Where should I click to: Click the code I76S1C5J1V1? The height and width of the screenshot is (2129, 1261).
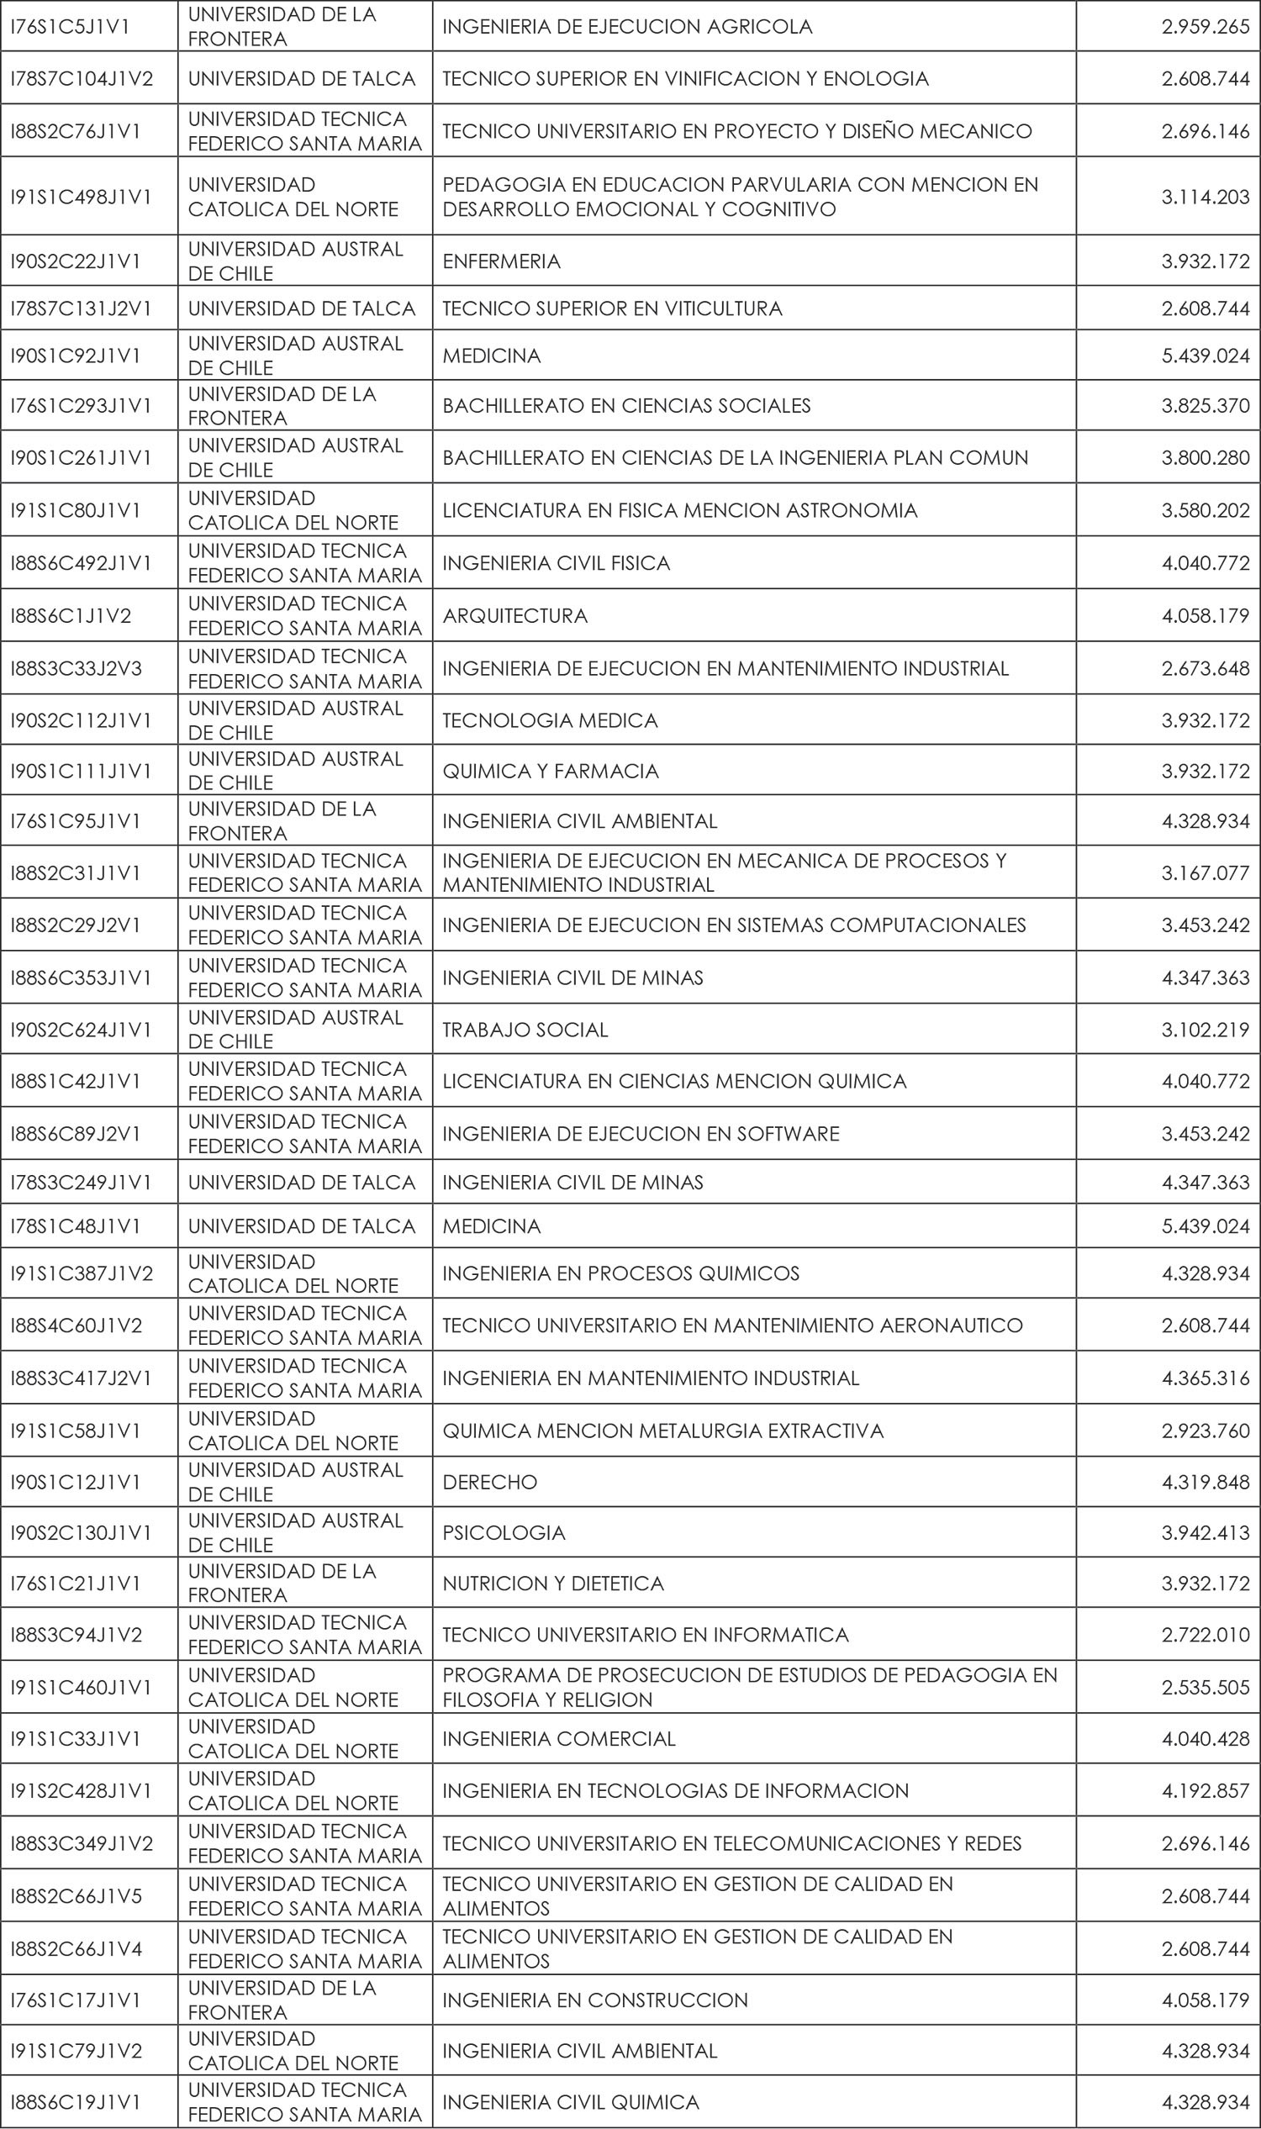(70, 26)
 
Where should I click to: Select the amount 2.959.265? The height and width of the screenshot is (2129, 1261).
(1205, 26)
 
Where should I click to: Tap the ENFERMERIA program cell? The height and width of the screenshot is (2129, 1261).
(501, 261)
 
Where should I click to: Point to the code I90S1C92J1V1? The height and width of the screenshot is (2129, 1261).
(75, 356)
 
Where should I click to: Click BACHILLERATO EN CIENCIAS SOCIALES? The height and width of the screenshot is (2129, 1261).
(626, 405)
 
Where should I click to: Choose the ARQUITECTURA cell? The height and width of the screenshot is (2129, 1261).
(515, 615)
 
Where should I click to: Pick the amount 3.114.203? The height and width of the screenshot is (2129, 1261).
(1205, 196)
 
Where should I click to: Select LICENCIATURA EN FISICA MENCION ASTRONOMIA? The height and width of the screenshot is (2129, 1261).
(680, 509)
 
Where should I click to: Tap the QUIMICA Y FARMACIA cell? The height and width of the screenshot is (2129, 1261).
(551, 771)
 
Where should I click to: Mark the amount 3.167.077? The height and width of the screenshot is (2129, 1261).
(1205, 872)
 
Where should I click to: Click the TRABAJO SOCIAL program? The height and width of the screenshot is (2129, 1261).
(525, 1030)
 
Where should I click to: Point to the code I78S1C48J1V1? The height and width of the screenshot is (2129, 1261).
(75, 1226)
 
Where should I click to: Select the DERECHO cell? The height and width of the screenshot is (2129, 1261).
(489, 1482)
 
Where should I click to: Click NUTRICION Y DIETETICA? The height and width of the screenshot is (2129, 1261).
(553, 1583)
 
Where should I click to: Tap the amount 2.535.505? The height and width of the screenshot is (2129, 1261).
(1205, 1686)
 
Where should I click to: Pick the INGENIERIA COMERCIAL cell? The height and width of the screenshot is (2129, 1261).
(558, 1738)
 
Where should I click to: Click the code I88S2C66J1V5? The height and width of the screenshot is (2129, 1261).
(76, 1895)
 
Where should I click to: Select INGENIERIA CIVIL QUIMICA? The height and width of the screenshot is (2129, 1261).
(570, 2102)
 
